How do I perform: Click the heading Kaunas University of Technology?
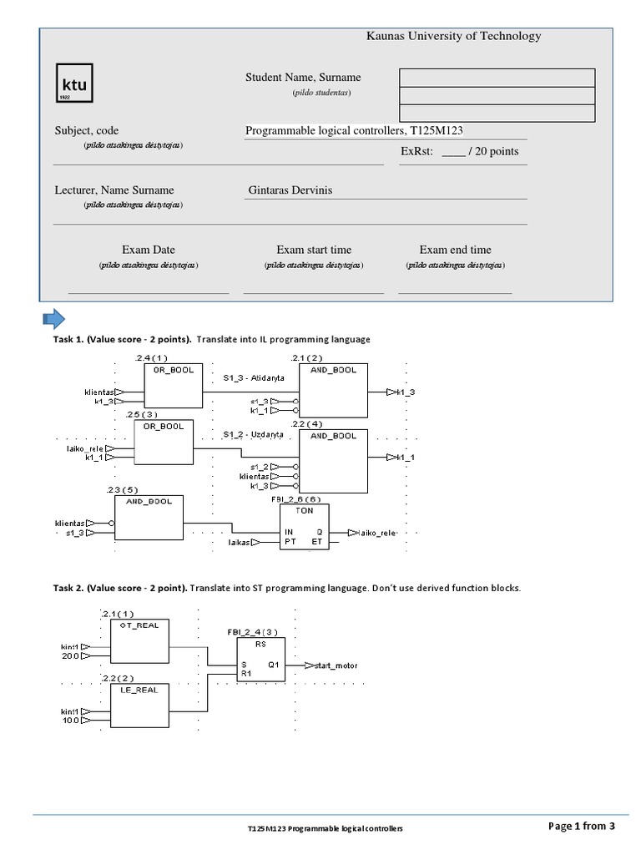tap(453, 36)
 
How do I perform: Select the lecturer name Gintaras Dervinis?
tap(290, 190)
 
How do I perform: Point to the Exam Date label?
tap(149, 250)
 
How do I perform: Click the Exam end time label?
tap(455, 250)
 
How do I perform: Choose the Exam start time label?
tap(314, 250)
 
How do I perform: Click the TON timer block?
tap(305, 526)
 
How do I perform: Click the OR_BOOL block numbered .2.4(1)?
tap(173, 386)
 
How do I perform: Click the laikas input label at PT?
tap(239, 543)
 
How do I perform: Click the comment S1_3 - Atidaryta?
tap(254, 378)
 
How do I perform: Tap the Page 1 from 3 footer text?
tap(581, 827)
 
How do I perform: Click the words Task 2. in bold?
tap(69, 588)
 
